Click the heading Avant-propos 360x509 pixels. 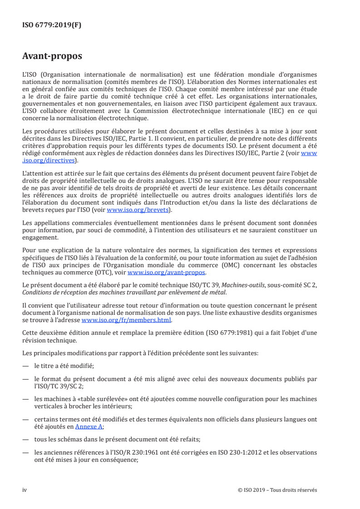coord(52,56)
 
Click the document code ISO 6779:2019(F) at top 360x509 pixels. coord(52,25)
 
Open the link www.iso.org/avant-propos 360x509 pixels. coord(167,273)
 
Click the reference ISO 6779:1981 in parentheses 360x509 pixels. coord(247,332)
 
